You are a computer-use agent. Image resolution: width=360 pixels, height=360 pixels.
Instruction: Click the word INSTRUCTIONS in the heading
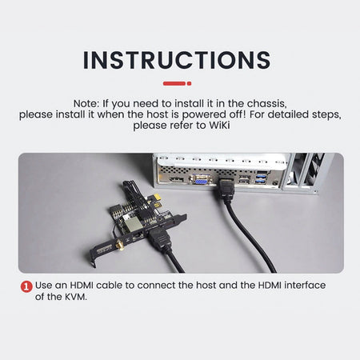click(177, 60)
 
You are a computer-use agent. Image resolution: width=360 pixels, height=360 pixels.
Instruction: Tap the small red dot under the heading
click(189, 83)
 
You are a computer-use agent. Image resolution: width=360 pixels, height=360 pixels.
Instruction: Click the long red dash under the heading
click(174, 83)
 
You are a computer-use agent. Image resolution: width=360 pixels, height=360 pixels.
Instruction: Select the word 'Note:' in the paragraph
click(86, 103)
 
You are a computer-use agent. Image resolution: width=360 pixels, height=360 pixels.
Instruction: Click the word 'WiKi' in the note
click(219, 125)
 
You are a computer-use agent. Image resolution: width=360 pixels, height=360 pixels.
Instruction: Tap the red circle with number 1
click(26, 286)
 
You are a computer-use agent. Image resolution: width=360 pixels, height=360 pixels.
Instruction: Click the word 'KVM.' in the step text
click(75, 297)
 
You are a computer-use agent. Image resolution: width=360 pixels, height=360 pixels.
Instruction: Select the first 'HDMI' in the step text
click(82, 285)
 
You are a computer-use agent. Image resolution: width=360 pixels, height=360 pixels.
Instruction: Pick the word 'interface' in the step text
click(305, 285)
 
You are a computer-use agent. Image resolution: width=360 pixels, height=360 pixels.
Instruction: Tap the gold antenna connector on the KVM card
click(120, 245)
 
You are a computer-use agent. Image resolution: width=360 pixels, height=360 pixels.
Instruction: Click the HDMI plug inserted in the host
click(226, 189)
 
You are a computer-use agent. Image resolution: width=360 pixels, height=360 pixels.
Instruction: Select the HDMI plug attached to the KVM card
click(159, 240)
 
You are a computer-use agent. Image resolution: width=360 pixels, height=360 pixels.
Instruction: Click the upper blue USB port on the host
click(261, 176)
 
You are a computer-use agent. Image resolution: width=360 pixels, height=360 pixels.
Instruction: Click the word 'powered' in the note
click(204, 114)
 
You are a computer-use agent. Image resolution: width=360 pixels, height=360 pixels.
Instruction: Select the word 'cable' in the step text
click(109, 285)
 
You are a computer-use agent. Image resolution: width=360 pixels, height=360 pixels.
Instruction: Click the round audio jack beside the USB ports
click(276, 183)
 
